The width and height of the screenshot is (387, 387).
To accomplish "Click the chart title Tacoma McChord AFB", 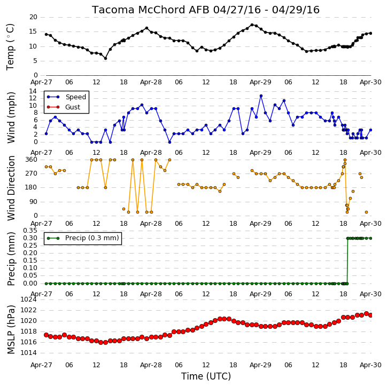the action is (x=151, y=10).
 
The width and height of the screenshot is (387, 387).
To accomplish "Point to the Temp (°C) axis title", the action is (x=10, y=46).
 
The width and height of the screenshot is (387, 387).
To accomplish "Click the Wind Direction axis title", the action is (x=11, y=188).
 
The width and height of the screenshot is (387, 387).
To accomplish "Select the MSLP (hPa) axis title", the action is (x=11, y=329).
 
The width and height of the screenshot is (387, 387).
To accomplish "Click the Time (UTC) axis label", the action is (x=206, y=376).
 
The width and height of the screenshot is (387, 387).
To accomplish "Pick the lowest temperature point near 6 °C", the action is (x=105, y=59).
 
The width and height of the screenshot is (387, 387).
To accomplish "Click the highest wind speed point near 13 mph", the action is (x=261, y=96).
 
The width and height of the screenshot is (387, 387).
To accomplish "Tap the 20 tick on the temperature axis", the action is (x=33, y=17).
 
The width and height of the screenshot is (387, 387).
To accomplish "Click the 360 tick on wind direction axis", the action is (x=32, y=160).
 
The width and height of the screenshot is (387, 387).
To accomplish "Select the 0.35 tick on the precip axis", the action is (x=30, y=231).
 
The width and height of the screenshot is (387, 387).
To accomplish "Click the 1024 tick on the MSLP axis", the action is (x=28, y=299).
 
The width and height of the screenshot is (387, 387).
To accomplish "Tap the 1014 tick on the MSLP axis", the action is (x=28, y=353).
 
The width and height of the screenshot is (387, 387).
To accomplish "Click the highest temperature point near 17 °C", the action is (x=252, y=25).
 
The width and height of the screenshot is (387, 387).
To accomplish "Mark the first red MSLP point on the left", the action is (x=46, y=335).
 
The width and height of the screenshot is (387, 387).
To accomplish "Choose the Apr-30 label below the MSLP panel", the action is (x=370, y=365).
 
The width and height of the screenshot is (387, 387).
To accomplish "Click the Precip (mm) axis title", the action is (x=11, y=259).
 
